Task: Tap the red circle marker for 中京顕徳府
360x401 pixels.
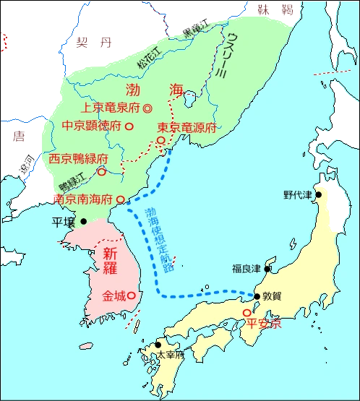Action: tap(129, 126)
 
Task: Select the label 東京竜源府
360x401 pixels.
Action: tap(187, 127)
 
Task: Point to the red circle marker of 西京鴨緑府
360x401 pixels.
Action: tap(102, 172)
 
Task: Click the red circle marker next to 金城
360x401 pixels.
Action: tap(137, 296)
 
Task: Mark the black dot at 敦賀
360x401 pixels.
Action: tap(257, 296)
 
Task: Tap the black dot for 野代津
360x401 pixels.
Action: tap(317, 194)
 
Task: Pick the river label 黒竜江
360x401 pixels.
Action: tap(195, 33)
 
